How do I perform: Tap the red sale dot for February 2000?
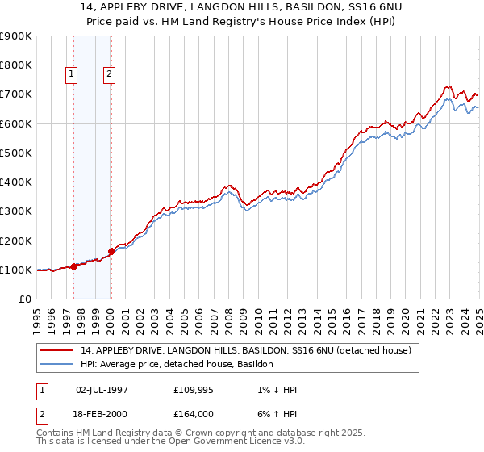pyautogui.click(x=112, y=251)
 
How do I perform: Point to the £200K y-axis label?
pyautogui.click(x=17, y=241)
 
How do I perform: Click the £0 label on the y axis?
pyautogui.click(x=25, y=299)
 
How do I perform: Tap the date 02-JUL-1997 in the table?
pyautogui.click(x=102, y=390)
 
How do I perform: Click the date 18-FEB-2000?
pyautogui.click(x=102, y=416)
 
